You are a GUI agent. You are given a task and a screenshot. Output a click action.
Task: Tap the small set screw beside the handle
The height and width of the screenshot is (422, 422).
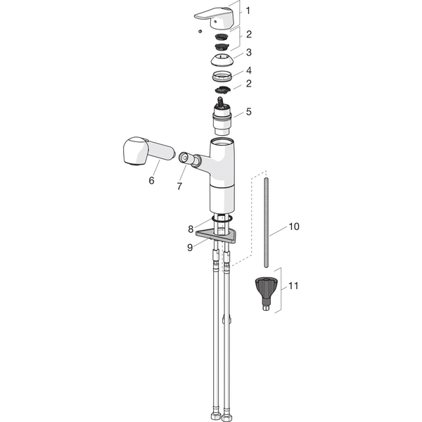coord(200,31)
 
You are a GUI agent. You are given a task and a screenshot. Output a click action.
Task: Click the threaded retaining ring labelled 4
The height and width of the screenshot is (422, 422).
coord(222,76)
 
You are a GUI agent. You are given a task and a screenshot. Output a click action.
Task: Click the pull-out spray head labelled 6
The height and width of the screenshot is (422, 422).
coord(148,151)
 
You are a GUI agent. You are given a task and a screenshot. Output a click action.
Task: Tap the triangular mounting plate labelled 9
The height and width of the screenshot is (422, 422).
coord(217,236)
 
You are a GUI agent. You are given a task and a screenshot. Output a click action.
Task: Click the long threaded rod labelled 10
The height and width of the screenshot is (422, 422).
coord(266,222)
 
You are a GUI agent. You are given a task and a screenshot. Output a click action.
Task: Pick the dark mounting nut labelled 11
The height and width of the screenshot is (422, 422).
coord(266,294)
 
